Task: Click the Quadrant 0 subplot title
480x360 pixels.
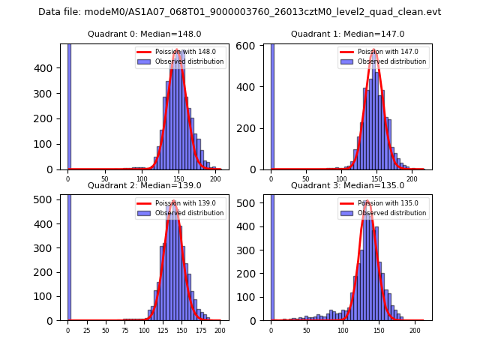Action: tap(145, 34)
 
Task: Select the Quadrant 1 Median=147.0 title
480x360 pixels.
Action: tap(347, 34)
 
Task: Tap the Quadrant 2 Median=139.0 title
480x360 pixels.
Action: tap(145, 185)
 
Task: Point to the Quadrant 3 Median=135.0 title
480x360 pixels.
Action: tap(347, 185)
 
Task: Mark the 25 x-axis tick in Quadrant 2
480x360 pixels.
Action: tap(86, 330)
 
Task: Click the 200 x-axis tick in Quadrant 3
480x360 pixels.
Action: tap(415, 330)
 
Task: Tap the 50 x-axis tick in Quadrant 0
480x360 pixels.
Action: tap(104, 178)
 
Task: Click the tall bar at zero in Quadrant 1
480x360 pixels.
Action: tap(271, 105)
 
